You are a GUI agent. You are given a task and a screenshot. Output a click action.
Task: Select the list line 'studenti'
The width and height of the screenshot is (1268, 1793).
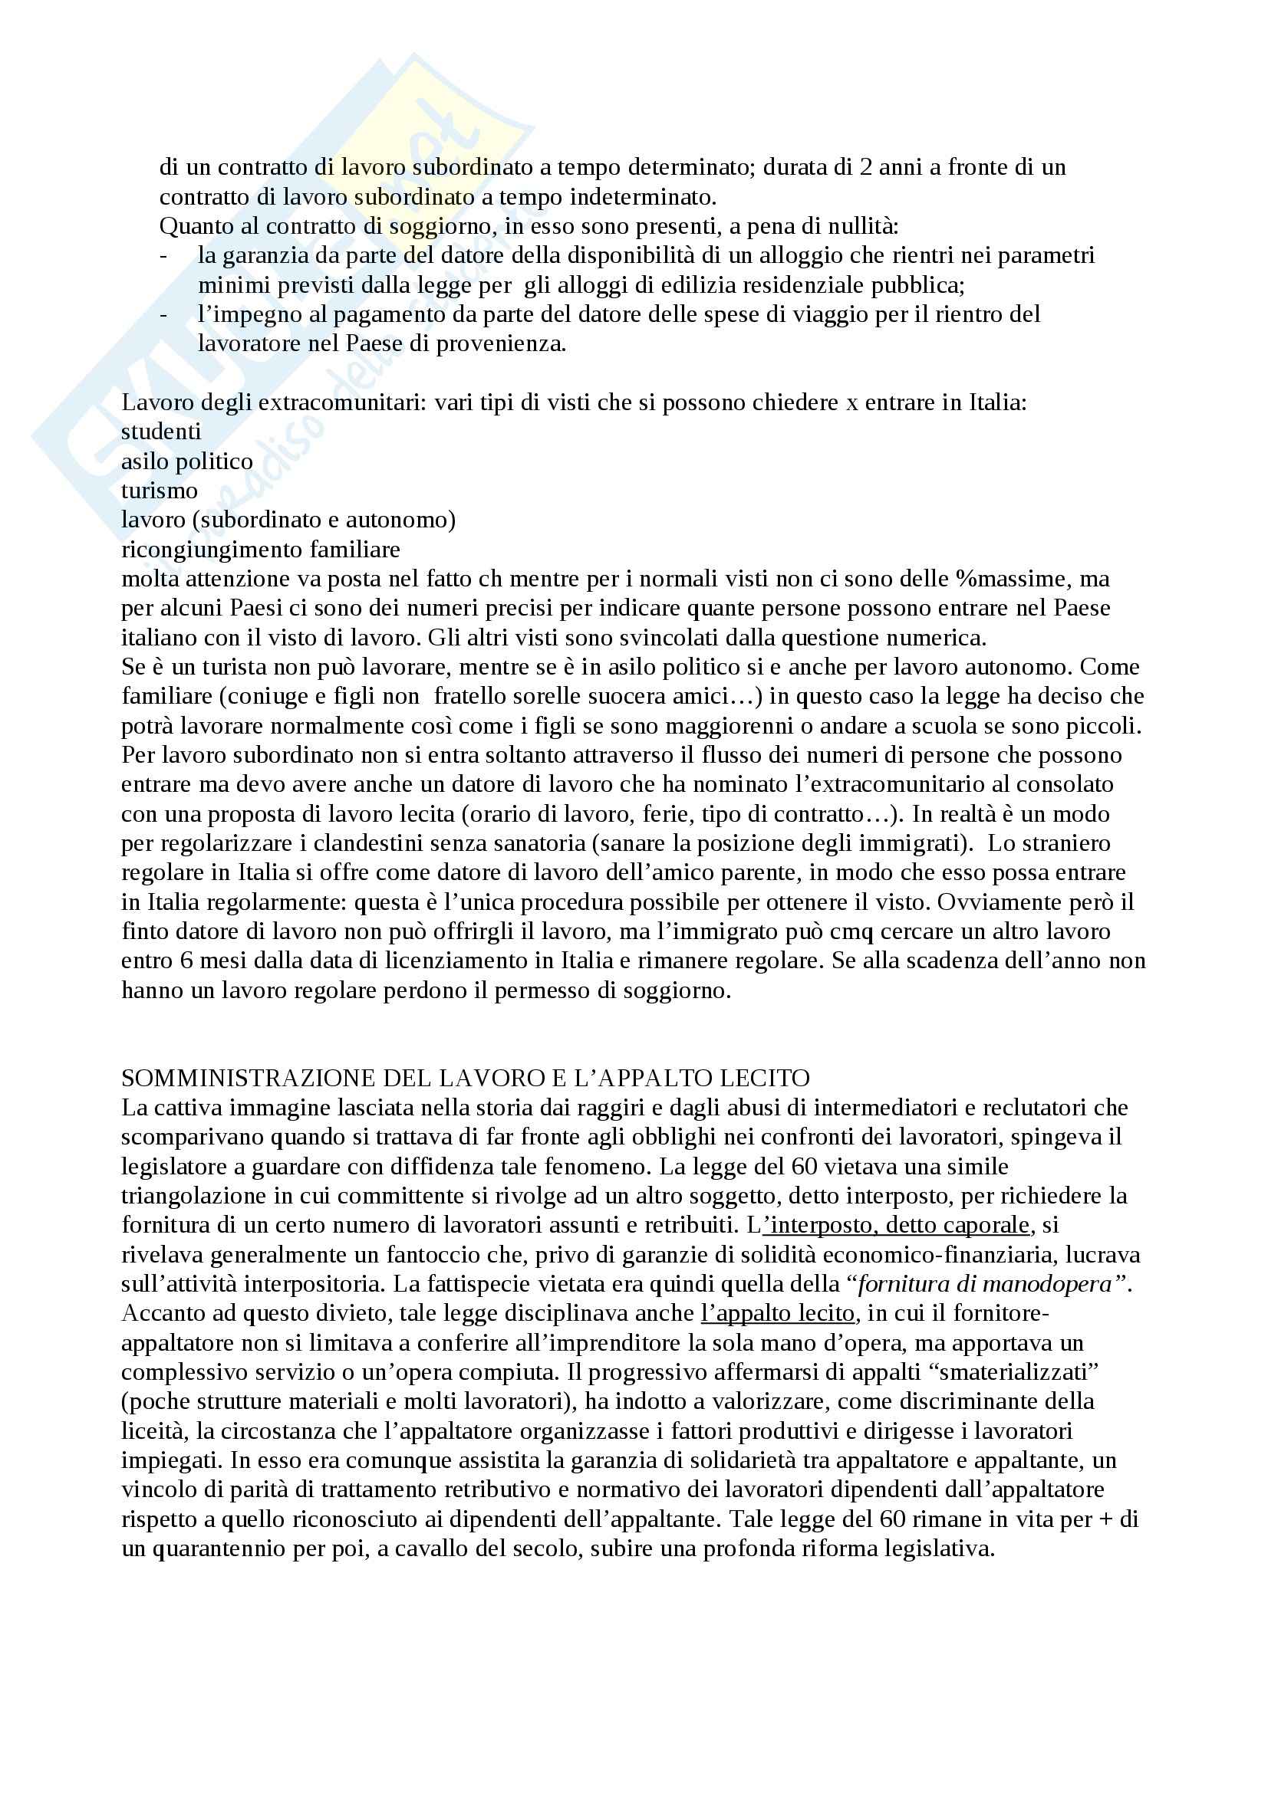coord(161,432)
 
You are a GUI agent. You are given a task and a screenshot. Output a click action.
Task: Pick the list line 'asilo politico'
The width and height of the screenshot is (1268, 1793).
coord(186,461)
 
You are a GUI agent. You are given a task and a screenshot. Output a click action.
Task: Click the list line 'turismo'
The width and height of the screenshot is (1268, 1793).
coord(160,491)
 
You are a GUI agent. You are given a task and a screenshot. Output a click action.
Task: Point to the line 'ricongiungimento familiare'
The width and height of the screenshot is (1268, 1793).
coord(260,550)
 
